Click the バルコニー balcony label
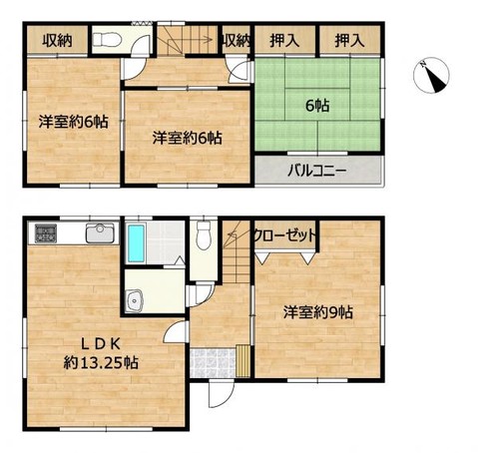(x=317, y=170)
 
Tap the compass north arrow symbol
(x=434, y=76)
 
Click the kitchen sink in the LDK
(x=101, y=234)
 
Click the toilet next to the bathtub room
(x=203, y=237)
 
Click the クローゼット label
(x=284, y=234)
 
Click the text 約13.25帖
(x=100, y=361)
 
